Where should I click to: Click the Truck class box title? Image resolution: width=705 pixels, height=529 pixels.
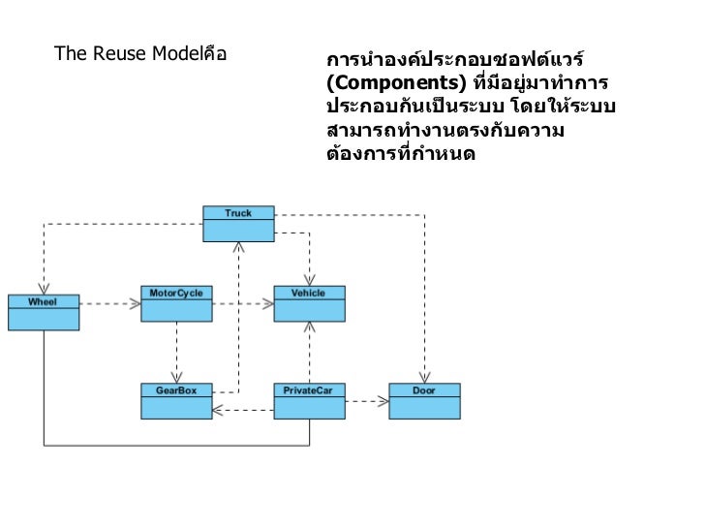coord(238,213)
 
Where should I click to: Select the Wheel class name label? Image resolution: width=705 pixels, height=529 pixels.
coord(43,301)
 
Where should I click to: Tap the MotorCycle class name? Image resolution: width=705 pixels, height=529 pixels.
coord(176,293)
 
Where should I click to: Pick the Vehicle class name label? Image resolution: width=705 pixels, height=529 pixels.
coord(309,293)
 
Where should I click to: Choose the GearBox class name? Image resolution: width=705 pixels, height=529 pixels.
coord(176,389)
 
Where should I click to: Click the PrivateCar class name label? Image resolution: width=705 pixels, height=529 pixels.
coord(308,389)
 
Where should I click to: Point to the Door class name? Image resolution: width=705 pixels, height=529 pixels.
coord(424,389)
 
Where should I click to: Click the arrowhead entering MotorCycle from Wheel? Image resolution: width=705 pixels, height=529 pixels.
coord(136,303)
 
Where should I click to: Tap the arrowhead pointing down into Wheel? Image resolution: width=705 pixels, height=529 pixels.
coord(43,289)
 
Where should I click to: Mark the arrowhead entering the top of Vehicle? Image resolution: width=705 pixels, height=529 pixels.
coord(309,280)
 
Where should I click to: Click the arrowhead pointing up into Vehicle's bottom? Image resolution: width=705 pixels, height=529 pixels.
coord(309,327)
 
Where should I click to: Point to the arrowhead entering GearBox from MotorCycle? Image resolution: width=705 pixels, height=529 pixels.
coord(176,378)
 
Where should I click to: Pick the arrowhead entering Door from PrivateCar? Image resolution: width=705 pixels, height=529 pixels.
coord(383,400)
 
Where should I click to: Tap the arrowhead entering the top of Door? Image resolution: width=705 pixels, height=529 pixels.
coord(424,378)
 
